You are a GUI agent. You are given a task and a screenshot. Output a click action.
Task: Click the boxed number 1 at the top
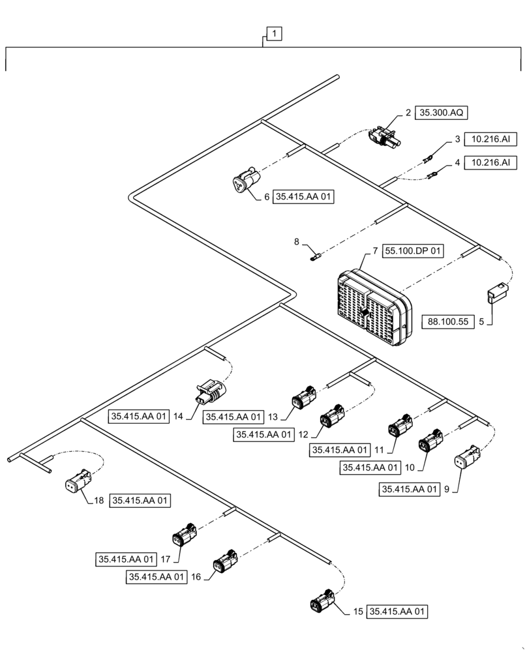(x=275, y=33)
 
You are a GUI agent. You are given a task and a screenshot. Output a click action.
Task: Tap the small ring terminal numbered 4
(x=432, y=174)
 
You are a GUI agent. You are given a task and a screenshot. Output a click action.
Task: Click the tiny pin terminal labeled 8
(x=314, y=257)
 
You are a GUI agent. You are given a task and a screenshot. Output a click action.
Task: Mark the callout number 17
(x=166, y=559)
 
